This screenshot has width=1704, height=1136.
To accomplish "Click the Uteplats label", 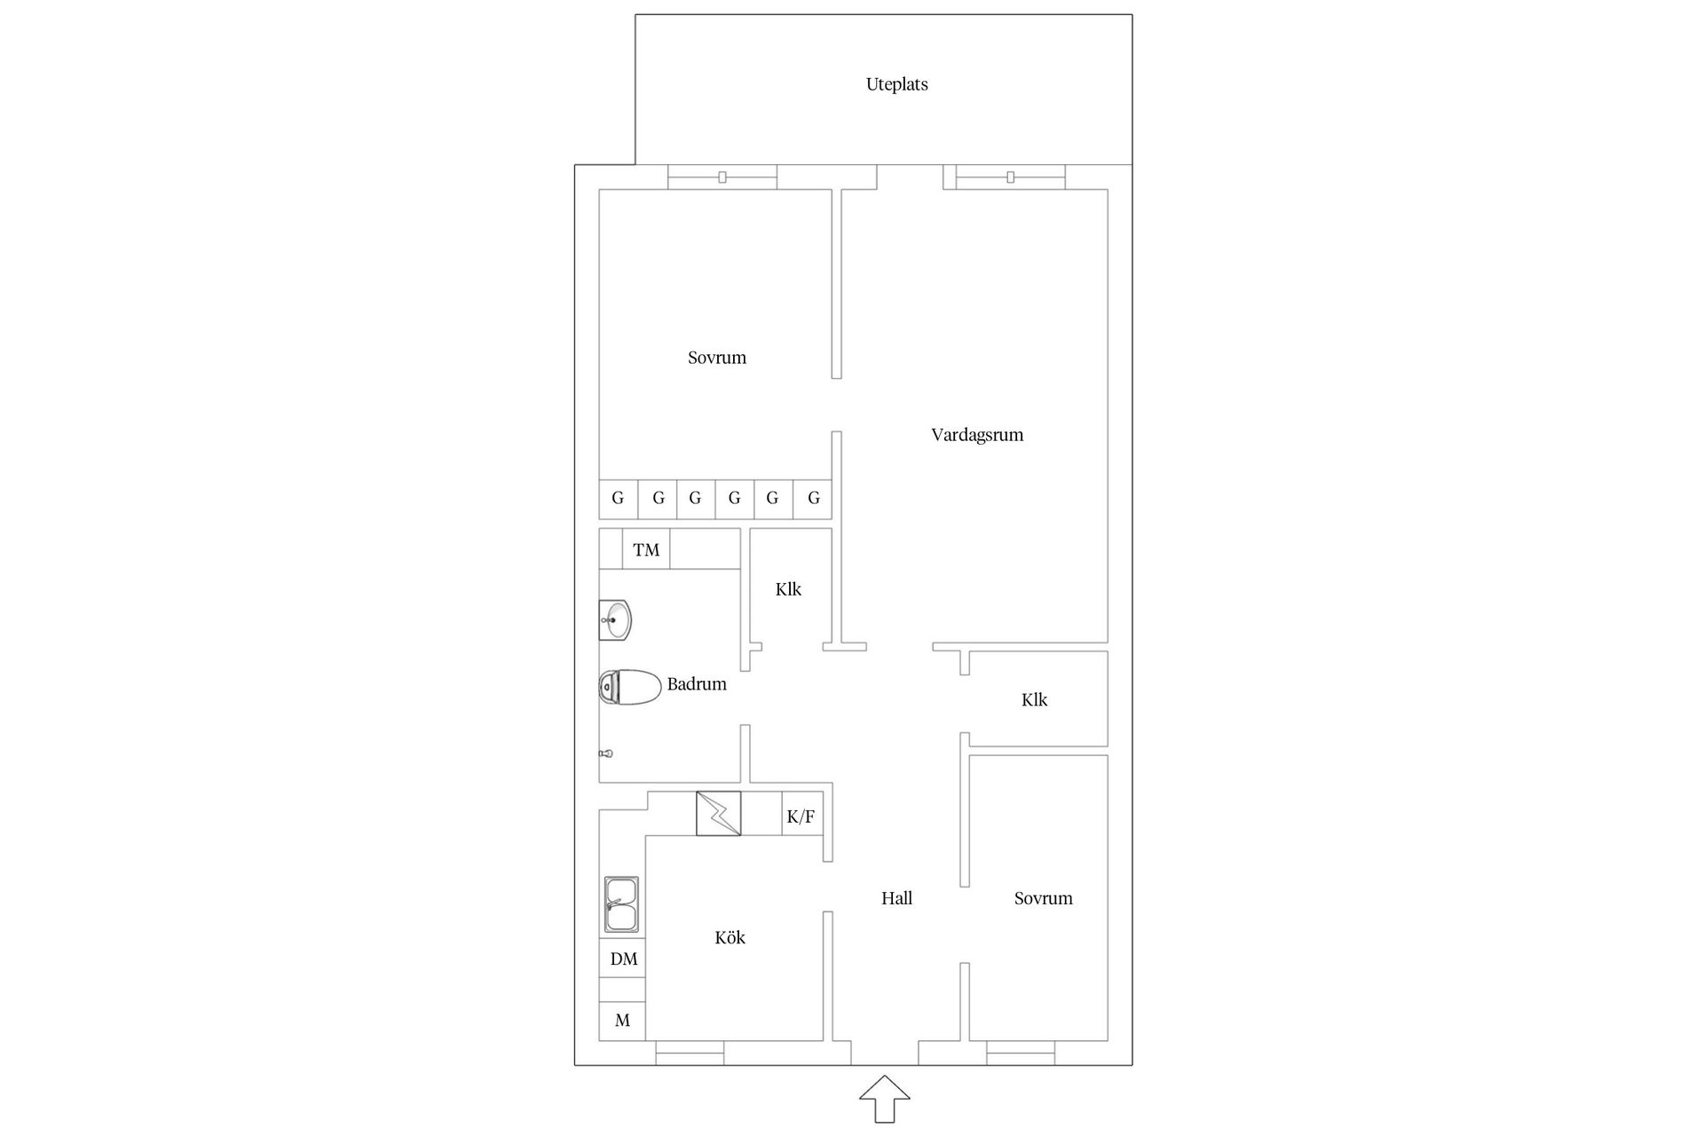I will point(896,84).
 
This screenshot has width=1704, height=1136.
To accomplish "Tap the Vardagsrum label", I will point(976,435).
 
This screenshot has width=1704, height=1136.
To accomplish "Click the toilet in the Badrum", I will point(630,687).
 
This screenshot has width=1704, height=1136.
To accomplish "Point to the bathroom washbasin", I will point(615,619).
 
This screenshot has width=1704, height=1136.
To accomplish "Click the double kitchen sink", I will point(621,904).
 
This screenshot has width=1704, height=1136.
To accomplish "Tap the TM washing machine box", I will point(646,549).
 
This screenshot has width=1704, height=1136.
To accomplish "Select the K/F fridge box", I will point(801,816).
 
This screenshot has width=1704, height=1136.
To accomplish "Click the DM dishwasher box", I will point(623,958).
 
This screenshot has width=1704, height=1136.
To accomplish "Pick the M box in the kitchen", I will point(622,1021).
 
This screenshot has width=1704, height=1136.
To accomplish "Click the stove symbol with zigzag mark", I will point(718,813).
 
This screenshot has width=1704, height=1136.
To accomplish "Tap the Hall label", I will point(896,898).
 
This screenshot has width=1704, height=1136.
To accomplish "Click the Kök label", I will point(730,937).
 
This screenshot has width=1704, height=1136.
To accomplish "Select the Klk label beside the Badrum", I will point(788,589).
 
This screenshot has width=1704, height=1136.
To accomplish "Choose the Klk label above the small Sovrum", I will point(1034,700).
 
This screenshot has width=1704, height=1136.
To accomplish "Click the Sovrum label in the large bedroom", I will point(716,358).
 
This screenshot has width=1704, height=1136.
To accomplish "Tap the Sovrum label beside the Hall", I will point(1043,898).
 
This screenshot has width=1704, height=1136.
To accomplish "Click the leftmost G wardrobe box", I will point(618,499).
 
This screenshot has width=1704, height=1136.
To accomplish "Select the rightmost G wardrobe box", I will point(813,499).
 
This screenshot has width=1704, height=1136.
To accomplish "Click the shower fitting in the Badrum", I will point(606,753).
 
